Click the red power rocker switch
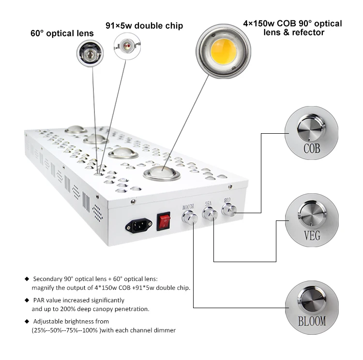[164, 222]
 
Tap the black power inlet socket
[139, 225]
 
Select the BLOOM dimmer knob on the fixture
[190, 218]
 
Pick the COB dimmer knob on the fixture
[229, 209]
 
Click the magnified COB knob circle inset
[311, 133]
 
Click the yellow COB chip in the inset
[224, 51]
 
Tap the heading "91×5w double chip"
[144, 26]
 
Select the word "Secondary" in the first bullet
[48, 279]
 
